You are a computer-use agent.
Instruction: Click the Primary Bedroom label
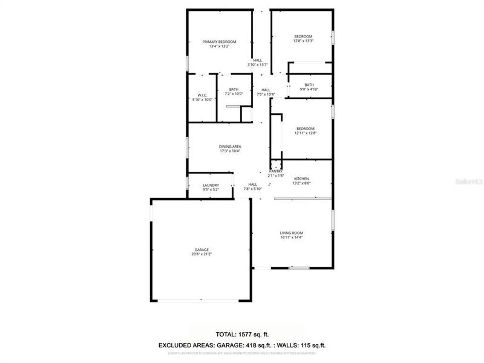219,41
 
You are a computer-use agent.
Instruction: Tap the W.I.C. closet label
202,95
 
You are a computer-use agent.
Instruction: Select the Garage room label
201,249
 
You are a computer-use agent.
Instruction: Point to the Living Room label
291,233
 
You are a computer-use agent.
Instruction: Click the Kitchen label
301,179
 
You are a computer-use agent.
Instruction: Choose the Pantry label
276,171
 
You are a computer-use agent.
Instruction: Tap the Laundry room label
211,185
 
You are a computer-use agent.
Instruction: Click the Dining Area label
231,146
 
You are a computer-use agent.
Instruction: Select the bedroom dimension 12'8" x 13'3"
303,41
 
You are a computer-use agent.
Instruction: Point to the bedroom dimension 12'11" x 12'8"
306,133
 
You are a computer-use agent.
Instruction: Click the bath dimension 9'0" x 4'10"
309,90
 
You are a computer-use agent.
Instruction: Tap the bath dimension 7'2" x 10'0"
234,94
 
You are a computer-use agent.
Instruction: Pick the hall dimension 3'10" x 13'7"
258,65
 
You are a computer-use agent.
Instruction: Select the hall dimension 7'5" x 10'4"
266,94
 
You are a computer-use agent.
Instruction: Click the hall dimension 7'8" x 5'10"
253,189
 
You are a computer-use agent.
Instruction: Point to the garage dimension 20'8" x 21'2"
201,254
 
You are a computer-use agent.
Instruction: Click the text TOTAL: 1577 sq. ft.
241,334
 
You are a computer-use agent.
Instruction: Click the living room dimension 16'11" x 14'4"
291,238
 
